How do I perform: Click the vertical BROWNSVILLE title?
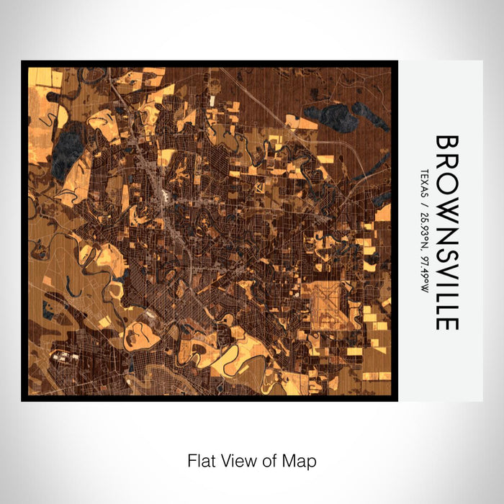446,232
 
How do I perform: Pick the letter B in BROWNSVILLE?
446,144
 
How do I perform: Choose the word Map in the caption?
301,460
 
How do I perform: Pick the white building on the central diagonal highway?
166,196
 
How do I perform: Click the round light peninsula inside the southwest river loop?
138,332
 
